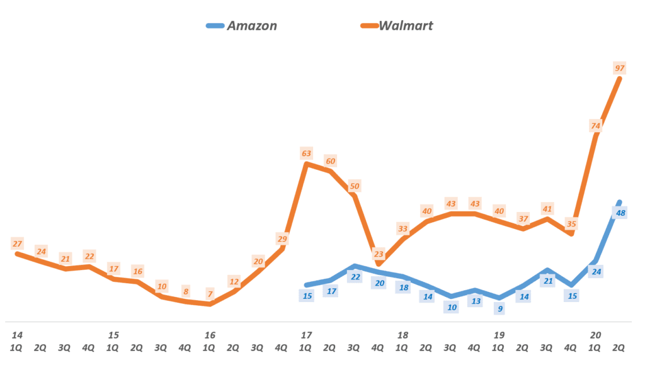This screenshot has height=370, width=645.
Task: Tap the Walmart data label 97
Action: pyautogui.click(x=620, y=67)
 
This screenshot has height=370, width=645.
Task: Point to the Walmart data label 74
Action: pyautogui.click(x=596, y=126)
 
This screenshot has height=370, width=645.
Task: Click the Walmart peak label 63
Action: pyautogui.click(x=306, y=153)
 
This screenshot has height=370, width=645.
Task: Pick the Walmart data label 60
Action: pyautogui.click(x=330, y=161)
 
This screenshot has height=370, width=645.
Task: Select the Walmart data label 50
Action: pyautogui.click(x=355, y=186)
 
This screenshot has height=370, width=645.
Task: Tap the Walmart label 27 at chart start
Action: pyautogui.click(x=17, y=244)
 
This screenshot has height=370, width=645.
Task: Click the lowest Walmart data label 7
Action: pyautogui.click(x=210, y=294)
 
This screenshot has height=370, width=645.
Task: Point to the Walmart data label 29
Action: pyautogui.click(x=282, y=238)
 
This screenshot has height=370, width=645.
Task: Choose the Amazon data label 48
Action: pyautogui.click(x=620, y=213)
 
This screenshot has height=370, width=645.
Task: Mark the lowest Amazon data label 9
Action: pyautogui.click(x=499, y=308)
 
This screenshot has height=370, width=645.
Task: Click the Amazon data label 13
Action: pyautogui.click(x=476, y=301)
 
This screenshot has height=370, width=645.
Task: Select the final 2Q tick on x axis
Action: pyautogui.click(x=619, y=347)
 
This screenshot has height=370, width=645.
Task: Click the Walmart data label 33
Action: pyautogui.click(x=402, y=228)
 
